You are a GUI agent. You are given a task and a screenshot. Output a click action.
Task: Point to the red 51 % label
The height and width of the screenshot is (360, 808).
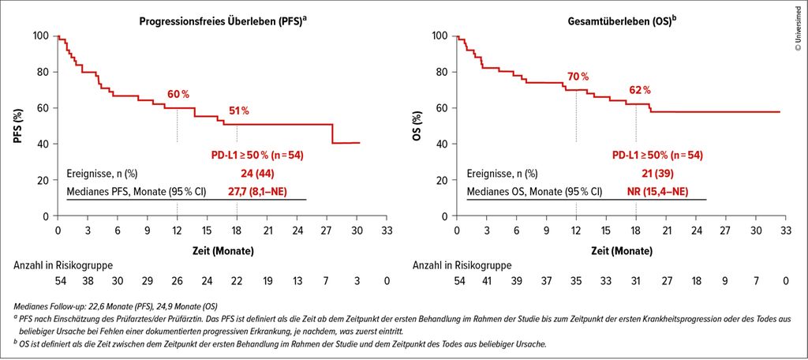(238, 111)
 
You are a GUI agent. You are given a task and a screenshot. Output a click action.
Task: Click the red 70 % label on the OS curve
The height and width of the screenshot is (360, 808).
(578, 77)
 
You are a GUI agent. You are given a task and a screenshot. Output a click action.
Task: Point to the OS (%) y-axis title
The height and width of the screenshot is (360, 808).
(419, 126)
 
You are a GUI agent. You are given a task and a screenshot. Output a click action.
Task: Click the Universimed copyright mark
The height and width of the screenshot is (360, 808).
(799, 28)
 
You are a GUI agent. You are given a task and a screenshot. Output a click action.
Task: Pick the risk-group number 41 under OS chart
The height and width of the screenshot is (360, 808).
(487, 280)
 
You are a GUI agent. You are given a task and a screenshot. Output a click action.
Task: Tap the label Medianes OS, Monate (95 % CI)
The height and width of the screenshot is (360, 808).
(534, 191)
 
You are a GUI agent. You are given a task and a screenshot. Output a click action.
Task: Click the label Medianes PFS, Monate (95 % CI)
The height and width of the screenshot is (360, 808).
(137, 191)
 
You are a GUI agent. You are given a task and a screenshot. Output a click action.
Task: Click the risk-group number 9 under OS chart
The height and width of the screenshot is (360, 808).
(726, 280)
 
